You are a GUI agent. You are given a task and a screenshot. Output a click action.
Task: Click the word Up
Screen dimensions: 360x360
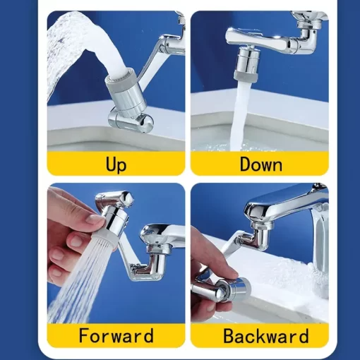pos(116,165)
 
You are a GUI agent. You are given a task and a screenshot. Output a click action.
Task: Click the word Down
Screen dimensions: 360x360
pos(260,165)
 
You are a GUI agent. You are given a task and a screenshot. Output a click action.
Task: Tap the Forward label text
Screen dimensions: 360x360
pos(116,335)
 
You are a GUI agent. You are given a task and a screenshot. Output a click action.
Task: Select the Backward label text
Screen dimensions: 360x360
pos(260,335)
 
